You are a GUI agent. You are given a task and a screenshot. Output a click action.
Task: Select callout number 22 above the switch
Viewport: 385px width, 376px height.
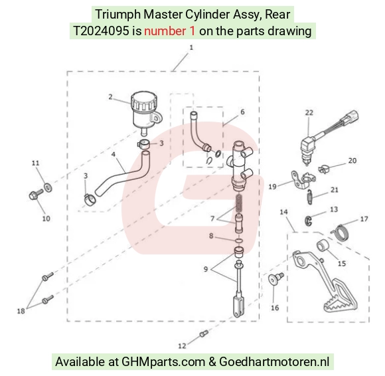pyautogui.click(x=309, y=112)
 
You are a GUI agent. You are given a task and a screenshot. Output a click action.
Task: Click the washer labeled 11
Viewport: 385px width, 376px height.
pyautogui.click(x=48, y=187)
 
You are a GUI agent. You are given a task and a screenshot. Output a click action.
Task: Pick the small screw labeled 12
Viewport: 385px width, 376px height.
pyautogui.click(x=204, y=333)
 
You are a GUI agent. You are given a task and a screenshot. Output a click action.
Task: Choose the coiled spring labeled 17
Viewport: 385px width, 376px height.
pyautogui.click(x=340, y=233)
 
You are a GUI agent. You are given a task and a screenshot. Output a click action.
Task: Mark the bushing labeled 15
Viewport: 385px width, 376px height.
pyautogui.click(x=323, y=246)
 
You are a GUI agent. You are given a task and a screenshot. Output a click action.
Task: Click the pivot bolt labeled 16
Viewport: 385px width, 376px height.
pyautogui.click(x=275, y=279)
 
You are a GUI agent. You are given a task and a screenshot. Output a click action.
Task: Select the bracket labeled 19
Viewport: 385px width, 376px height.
pyautogui.click(x=302, y=180)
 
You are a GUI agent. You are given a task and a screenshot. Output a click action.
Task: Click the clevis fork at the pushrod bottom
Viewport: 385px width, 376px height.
pyautogui.click(x=238, y=307)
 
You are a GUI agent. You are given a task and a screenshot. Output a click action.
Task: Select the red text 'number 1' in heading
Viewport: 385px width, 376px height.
pyautogui.click(x=170, y=31)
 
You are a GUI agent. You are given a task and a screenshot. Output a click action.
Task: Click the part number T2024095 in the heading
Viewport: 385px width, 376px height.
pyautogui.click(x=101, y=31)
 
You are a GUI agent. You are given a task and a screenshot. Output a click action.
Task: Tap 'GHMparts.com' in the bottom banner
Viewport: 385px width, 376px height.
pyautogui.click(x=163, y=362)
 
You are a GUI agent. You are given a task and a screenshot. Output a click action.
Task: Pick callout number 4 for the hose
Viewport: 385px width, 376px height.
pyautogui.click(x=114, y=154)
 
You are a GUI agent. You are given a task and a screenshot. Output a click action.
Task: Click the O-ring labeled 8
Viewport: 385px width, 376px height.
pyautogui.click(x=239, y=240)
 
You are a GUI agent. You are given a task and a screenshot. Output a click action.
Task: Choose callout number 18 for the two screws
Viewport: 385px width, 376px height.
pyautogui.click(x=21, y=311)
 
